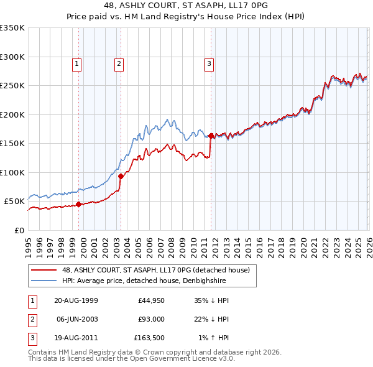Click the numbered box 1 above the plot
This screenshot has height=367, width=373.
pyautogui.click(x=76, y=63)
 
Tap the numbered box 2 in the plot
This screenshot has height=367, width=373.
pyautogui.click(x=118, y=63)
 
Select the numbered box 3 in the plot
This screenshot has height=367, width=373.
pyautogui.click(x=209, y=63)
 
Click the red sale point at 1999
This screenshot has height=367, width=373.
pyautogui.click(x=79, y=204)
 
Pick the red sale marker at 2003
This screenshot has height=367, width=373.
pyautogui.click(x=121, y=177)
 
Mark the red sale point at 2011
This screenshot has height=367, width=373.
pyautogui.click(x=211, y=136)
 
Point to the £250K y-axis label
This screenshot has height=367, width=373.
pyautogui.click(x=12, y=86)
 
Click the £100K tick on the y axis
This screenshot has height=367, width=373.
pyautogui.click(x=12, y=172)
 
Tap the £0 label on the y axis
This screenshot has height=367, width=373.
pyautogui.click(x=19, y=230)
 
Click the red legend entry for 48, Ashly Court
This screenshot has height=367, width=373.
pyautogui.click(x=155, y=270)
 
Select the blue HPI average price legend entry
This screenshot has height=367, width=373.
pyautogui.click(x=149, y=281)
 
